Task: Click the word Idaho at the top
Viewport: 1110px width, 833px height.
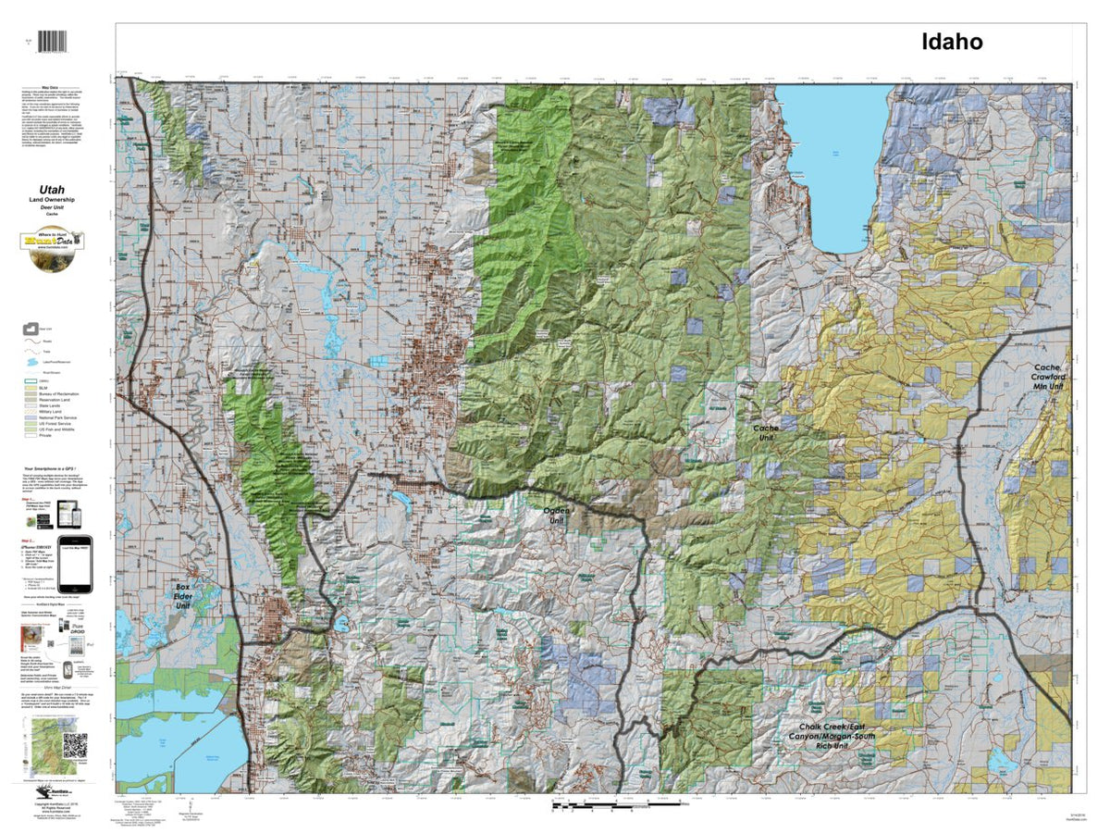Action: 950,42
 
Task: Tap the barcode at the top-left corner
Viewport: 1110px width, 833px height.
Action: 57,42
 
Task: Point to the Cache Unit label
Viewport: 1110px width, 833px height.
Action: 766,432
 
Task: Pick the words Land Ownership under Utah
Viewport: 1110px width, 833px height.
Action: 57,201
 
